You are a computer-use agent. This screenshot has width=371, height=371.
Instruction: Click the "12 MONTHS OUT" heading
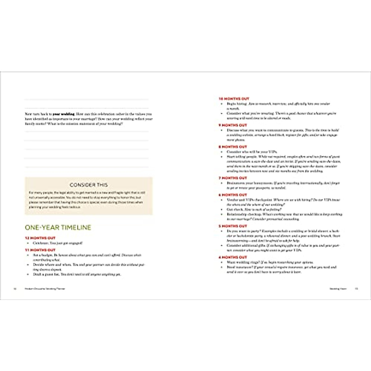[40, 238]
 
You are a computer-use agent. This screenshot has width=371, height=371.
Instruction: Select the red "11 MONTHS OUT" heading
[40, 250]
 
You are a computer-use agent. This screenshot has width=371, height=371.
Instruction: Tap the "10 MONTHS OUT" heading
[234, 99]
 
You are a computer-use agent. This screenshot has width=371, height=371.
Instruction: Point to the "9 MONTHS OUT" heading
[233, 125]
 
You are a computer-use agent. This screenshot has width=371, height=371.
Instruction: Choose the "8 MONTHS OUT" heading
[233, 147]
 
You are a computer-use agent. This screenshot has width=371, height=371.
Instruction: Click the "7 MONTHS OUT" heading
[233, 178]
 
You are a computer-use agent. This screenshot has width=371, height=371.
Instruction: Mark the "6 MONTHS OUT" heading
[233, 195]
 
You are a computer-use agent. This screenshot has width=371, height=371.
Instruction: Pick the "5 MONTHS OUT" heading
[233, 226]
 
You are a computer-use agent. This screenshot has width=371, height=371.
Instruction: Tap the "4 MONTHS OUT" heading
[233, 257]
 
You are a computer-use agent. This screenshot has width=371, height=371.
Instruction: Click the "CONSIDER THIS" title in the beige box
[89, 185]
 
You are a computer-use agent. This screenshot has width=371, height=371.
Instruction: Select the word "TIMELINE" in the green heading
[76, 228]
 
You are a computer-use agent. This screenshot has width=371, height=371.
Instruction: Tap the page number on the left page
[15, 289]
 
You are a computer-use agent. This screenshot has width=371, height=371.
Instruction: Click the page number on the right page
[356, 289]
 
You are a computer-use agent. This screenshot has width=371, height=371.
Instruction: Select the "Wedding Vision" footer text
[338, 289]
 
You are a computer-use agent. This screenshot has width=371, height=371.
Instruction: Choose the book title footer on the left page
[45, 289]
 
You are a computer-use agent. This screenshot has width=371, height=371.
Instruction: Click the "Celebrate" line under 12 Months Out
[58, 243]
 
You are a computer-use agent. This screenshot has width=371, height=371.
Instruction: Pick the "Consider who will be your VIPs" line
[252, 152]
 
